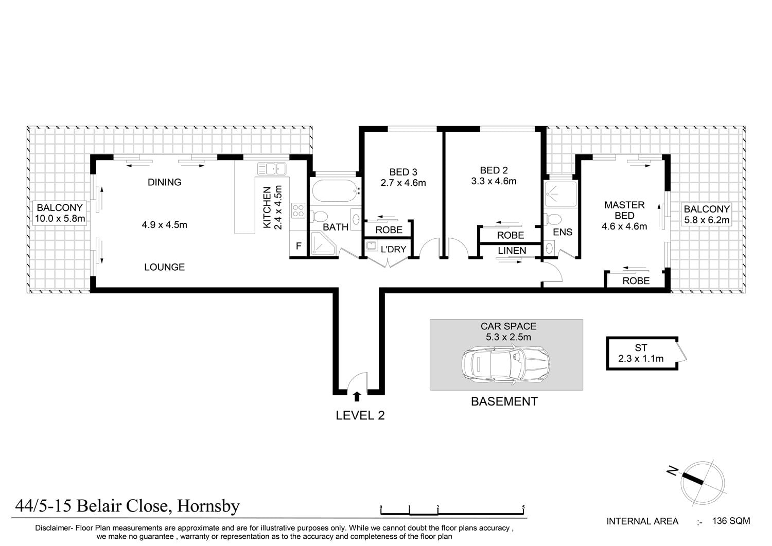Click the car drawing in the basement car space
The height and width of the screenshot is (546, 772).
click(505, 365)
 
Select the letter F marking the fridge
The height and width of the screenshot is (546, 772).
click(299, 246)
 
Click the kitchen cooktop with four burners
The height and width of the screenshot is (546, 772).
click(298, 210)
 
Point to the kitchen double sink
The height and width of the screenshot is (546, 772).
click(272, 169)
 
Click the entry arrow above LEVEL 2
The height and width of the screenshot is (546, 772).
click(357, 397)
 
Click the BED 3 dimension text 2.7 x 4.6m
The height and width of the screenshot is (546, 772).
click(403, 183)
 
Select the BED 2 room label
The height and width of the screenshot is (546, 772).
click(494, 170)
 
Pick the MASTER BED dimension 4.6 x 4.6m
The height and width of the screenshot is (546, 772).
click(624, 226)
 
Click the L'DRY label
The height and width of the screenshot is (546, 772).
click(393, 249)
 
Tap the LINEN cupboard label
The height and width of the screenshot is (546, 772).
click(512, 251)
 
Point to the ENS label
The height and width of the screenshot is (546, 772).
click(563, 232)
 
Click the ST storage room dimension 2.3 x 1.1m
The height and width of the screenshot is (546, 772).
click(641, 359)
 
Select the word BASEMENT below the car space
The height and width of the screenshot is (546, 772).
click(504, 401)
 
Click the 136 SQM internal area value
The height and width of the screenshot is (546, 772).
click(731, 521)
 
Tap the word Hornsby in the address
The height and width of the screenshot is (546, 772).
click(208, 506)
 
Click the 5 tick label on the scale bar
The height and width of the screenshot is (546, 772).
click(523, 507)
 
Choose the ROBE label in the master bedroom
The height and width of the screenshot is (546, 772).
click(636, 281)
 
